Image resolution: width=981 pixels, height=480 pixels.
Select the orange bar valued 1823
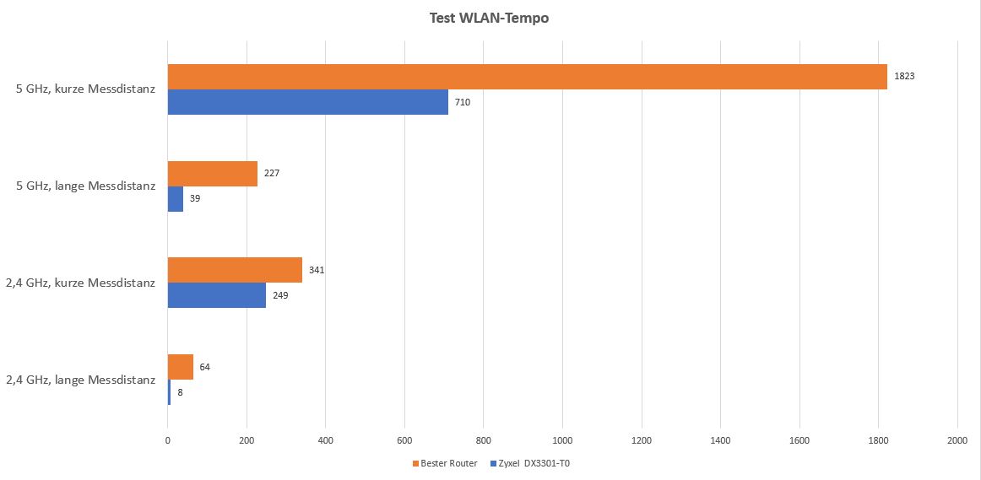pyautogui.click(x=527, y=77)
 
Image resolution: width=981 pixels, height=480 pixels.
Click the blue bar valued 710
pyautogui.click(x=307, y=102)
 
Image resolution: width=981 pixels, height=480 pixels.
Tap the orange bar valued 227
pyautogui.click(x=212, y=174)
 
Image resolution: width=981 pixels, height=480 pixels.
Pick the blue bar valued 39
pyautogui.click(x=176, y=199)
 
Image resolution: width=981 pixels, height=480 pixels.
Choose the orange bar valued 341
pyautogui.click(x=235, y=270)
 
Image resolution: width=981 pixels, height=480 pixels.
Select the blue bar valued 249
pyautogui.click(x=216, y=295)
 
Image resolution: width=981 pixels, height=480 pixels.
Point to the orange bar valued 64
pyautogui.click(x=181, y=367)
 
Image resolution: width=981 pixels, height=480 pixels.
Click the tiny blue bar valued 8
pyautogui.click(x=169, y=392)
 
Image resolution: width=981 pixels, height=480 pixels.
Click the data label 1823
pyautogui.click(x=904, y=76)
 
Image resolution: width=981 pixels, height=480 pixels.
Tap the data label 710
pyautogui.click(x=462, y=102)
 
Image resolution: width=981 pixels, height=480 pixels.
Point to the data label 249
pyautogui.click(x=280, y=295)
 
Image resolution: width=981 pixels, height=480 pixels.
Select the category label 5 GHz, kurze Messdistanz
pyautogui.click(x=85, y=89)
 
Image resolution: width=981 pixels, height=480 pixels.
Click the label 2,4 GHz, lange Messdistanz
pyautogui.click(x=80, y=380)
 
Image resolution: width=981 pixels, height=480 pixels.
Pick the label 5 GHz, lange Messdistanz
pyautogui.click(x=85, y=186)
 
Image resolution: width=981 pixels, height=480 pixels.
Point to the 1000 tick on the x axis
pyautogui.click(x=562, y=440)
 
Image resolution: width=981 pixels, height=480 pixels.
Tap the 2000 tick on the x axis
pyautogui.click(x=957, y=440)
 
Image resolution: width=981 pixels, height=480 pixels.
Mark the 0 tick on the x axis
pyautogui.click(x=168, y=440)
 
